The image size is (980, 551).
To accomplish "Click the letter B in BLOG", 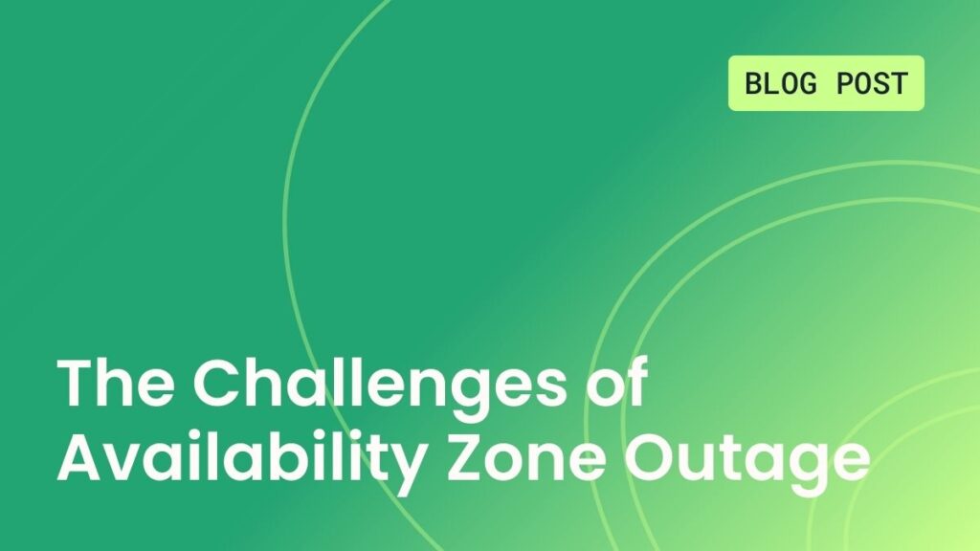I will pyautogui.click(x=753, y=83).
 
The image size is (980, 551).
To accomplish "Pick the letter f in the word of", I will pyautogui.click(x=635, y=384).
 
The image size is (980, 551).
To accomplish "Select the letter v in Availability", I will pyautogui.click(x=126, y=461).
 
